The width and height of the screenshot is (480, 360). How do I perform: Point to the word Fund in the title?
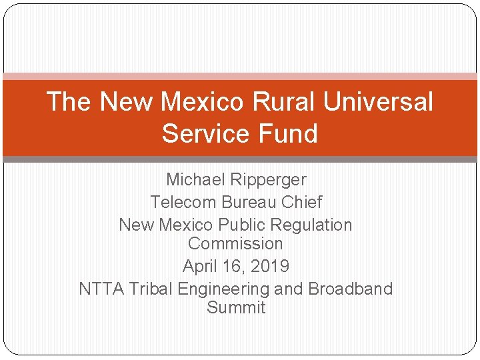pos(289,133)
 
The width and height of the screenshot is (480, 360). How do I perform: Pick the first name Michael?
pos(196,179)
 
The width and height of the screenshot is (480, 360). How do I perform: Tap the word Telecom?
pos(183,201)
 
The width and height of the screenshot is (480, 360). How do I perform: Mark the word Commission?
pos(235,243)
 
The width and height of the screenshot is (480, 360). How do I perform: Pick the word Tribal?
pos(151,289)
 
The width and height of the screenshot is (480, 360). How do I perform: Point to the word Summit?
pos(236,307)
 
